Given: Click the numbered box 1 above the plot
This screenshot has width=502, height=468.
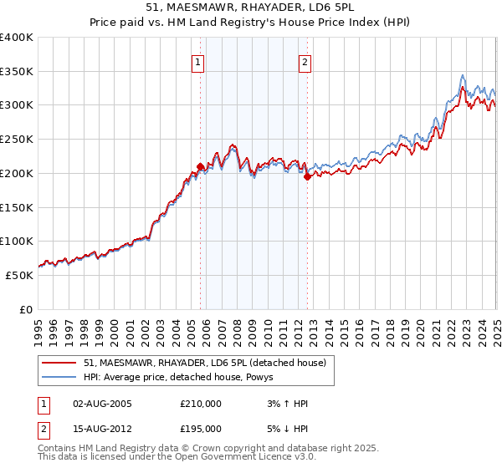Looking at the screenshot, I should pyautogui.click(x=198, y=61).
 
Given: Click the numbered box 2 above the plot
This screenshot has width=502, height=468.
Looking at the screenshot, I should pyautogui.click(x=305, y=61).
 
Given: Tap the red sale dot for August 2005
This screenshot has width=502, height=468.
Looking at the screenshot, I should pyautogui.click(x=201, y=165).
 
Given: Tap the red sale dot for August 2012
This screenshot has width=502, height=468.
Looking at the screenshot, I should pyautogui.click(x=308, y=175).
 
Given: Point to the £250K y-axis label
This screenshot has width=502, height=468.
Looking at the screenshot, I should pyautogui.click(x=18, y=139).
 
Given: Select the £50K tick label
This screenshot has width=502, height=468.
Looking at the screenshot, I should pyautogui.click(x=20, y=275).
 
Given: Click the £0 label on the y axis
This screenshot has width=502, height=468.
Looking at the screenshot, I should pyautogui.click(x=27, y=309).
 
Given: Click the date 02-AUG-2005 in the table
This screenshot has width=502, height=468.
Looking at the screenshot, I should pyautogui.click(x=102, y=404).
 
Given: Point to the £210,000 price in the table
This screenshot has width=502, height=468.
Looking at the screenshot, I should pyautogui.click(x=201, y=404).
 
